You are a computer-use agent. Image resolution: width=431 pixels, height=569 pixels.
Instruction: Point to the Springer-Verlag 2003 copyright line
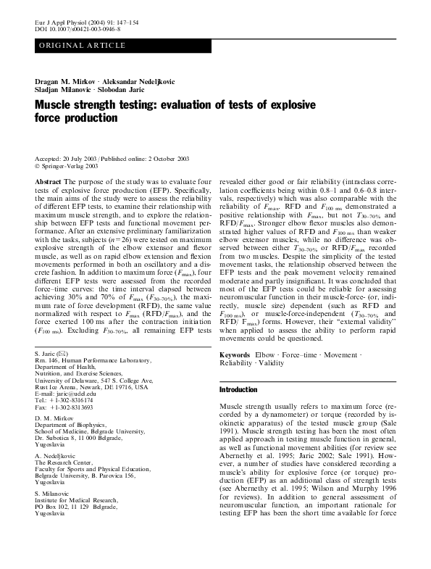tap(72, 166)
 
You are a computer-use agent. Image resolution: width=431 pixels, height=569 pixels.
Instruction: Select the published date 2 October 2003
tap(156, 159)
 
